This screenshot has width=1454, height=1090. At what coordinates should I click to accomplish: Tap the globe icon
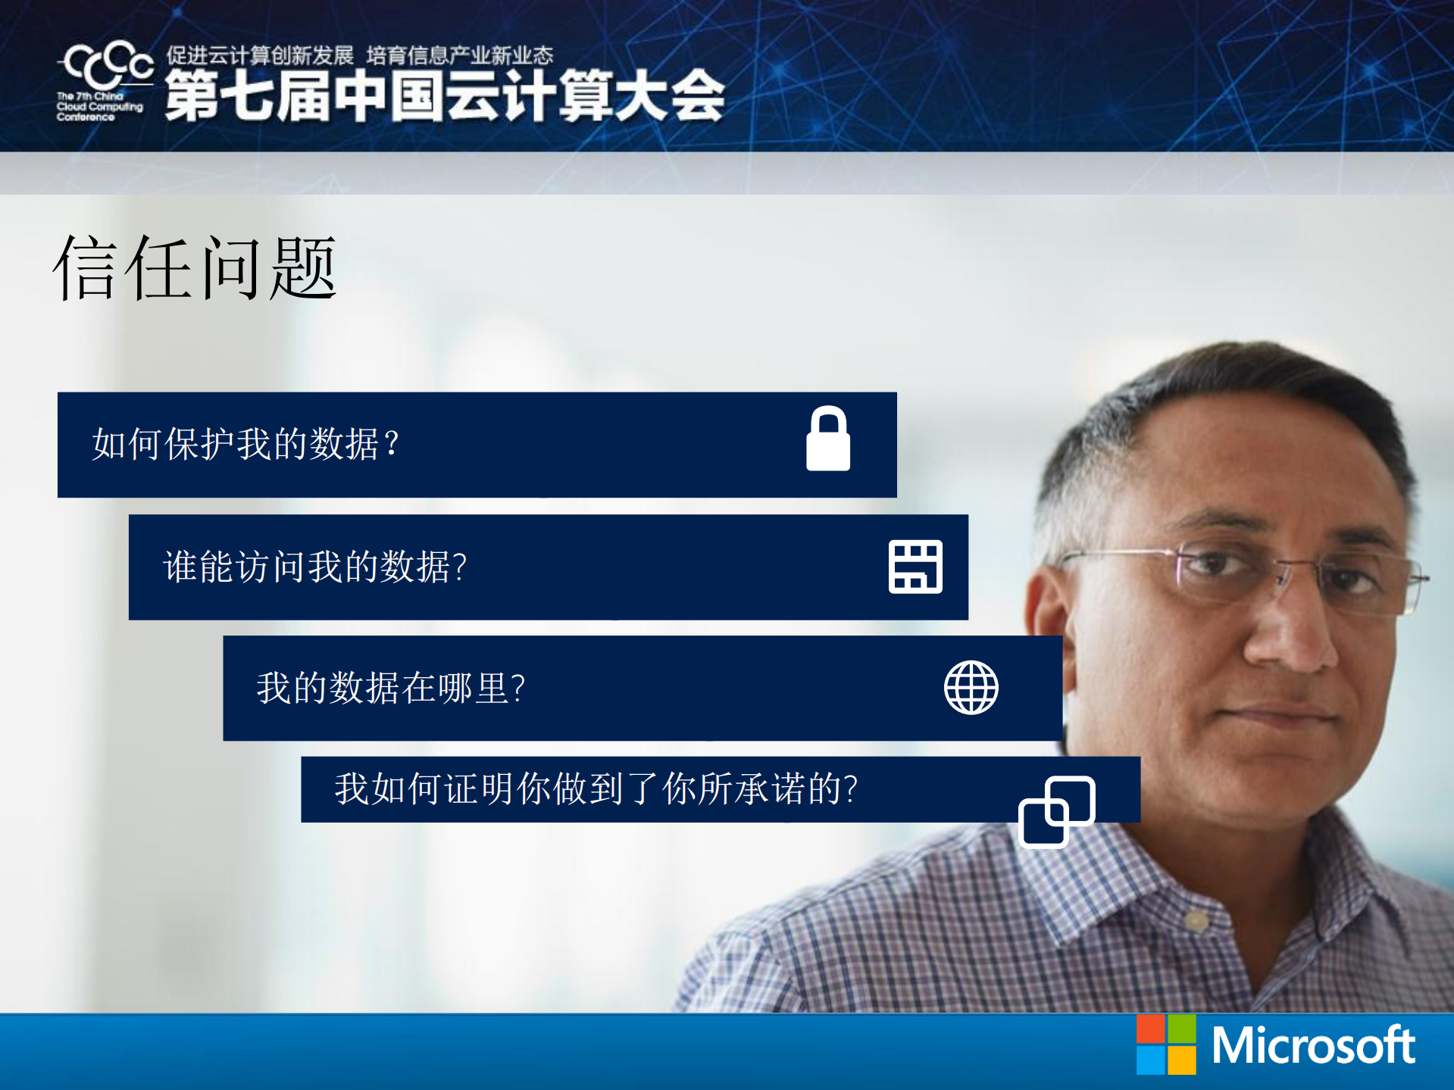pos(971,687)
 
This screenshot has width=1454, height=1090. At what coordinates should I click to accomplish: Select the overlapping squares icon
pos(1056,811)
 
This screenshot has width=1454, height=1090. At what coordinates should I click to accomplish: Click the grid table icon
pos(915,567)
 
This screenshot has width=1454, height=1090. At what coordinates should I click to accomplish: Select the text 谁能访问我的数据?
pos(315,567)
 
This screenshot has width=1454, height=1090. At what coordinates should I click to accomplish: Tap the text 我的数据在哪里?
pos(391,688)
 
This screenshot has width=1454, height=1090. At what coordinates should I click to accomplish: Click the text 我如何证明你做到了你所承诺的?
pos(596,789)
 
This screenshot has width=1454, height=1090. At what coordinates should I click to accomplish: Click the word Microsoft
pos(1313,1045)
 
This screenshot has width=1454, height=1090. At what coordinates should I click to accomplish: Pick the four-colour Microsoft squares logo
pos(1166,1045)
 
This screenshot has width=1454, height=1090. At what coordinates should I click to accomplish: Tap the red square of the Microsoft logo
pos(1150,1029)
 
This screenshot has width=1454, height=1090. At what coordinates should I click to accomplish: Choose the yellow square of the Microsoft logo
pos(1182,1060)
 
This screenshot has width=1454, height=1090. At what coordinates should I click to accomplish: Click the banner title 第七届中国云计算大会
pos(445,95)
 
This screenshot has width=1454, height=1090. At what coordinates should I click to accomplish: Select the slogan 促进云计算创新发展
pos(260,55)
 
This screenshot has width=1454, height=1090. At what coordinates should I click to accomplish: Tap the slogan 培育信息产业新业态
pos(460,55)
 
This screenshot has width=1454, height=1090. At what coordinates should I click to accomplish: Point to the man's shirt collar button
pos(1196,921)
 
